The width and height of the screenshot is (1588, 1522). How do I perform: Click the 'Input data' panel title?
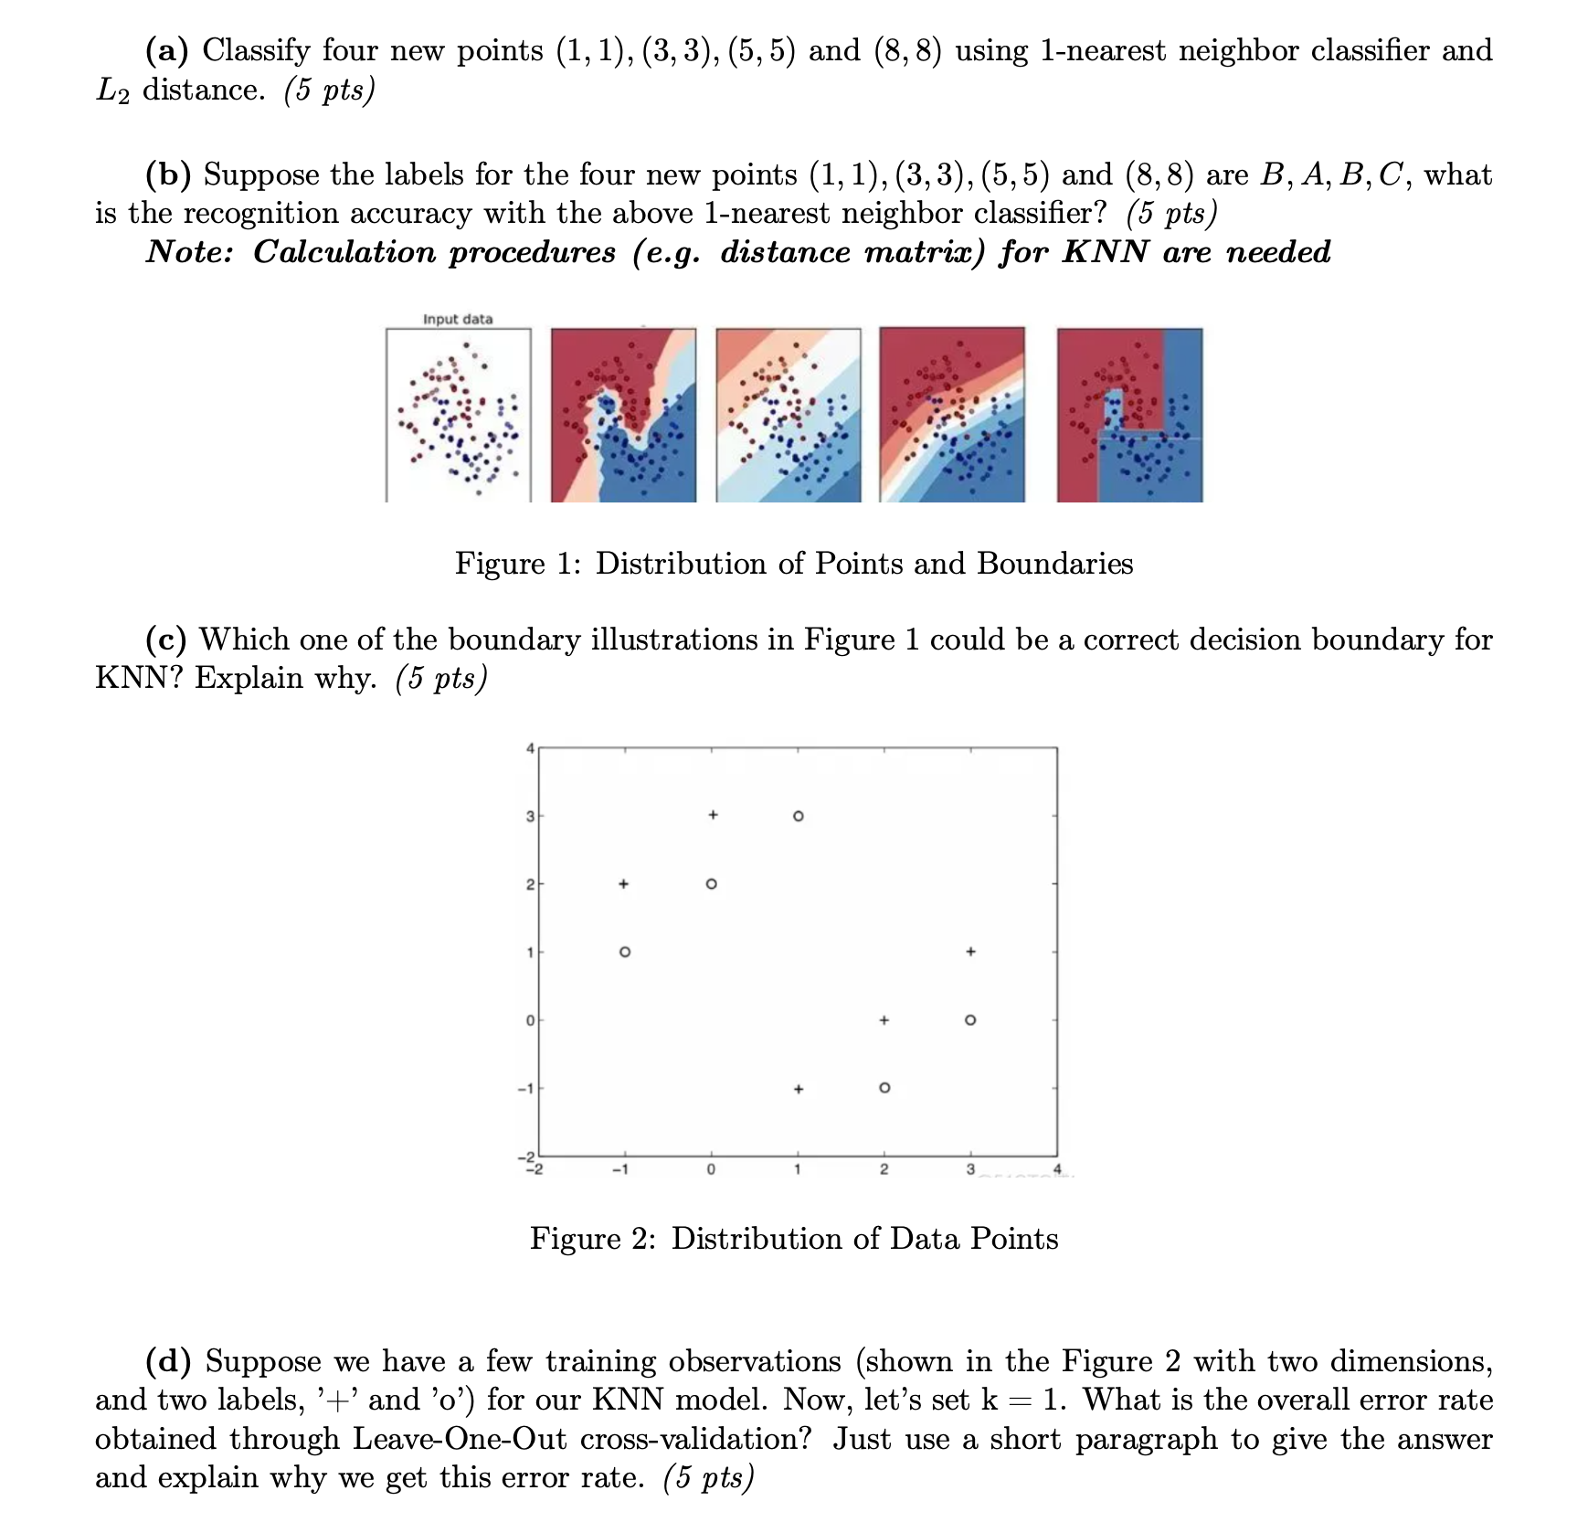[458, 319]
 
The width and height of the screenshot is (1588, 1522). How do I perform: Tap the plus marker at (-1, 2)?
[623, 883]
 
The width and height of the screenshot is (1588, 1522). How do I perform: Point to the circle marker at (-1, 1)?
[624, 952]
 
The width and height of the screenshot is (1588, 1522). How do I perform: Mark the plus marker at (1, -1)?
[798, 1089]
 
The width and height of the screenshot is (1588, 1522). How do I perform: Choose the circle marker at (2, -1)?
[884, 1088]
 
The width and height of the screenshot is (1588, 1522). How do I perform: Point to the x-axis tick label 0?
[712, 1169]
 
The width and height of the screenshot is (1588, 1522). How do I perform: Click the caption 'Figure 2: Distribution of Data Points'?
[794, 1239]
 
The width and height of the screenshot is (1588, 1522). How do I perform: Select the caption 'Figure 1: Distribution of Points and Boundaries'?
[794, 564]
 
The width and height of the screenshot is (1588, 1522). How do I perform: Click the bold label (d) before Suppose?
[169, 1361]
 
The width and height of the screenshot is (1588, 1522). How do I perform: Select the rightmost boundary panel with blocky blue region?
[1129, 415]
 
